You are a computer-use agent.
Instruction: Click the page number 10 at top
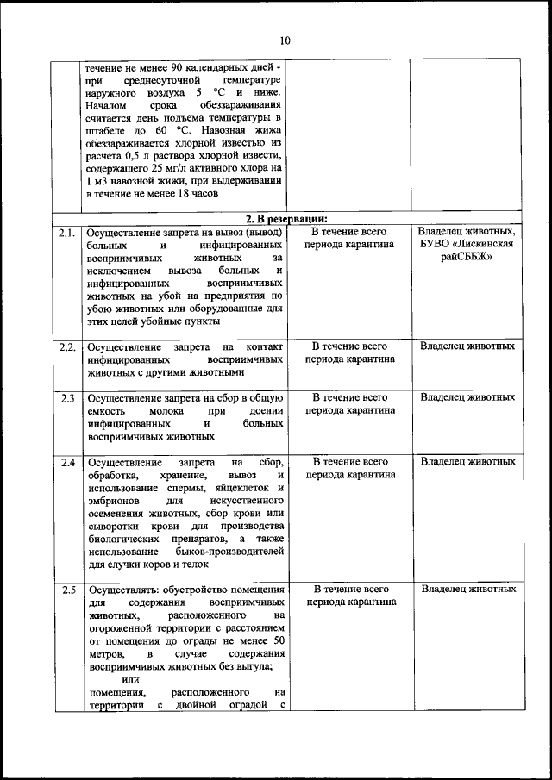tap(285, 41)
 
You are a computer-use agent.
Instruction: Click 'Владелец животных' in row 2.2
tap(467, 346)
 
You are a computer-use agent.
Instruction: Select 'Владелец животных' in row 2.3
tap(467, 397)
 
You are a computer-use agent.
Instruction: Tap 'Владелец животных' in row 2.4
tap(467, 462)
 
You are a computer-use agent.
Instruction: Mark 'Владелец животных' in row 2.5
tap(468, 590)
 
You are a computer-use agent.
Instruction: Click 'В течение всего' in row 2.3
tap(349, 397)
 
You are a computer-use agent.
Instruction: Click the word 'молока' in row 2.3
tap(165, 411)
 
